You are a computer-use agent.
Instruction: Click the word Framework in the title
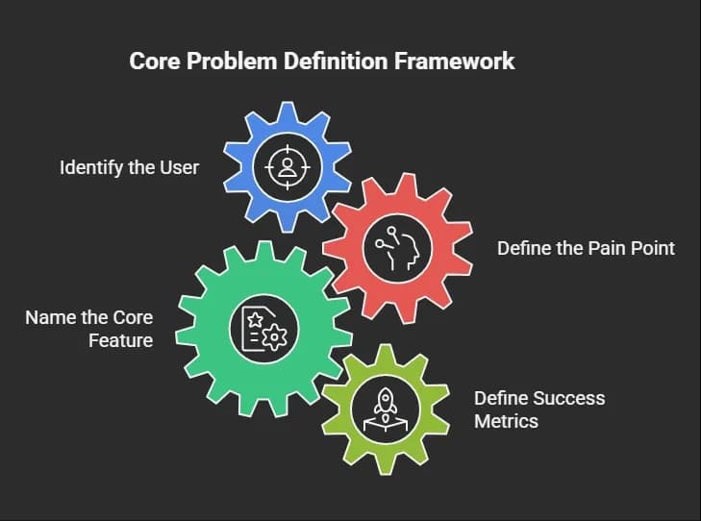[454, 61]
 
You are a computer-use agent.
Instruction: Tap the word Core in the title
[155, 61]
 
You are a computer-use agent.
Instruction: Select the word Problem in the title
[232, 61]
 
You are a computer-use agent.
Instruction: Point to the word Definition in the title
[336, 61]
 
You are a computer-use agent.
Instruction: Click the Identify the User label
[129, 168]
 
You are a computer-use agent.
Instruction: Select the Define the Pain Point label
[587, 248]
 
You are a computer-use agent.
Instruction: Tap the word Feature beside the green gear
[121, 341]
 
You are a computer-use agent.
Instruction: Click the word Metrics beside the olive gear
[506, 421]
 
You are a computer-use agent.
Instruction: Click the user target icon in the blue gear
[288, 167]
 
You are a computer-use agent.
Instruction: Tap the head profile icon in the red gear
[397, 249]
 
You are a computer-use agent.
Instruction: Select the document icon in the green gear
[263, 330]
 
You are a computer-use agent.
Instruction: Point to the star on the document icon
[255, 319]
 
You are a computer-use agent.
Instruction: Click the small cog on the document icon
[274, 337]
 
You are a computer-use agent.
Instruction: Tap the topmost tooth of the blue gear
[288, 112]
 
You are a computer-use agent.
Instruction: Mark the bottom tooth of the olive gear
[385, 464]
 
